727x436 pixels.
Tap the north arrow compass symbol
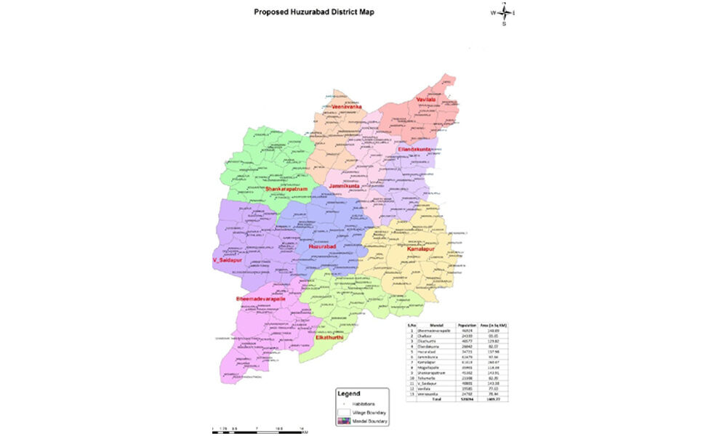coord(503,12)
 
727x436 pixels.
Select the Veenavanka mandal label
coord(346,106)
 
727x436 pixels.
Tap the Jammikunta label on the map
coord(345,187)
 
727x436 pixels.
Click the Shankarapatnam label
coord(289,189)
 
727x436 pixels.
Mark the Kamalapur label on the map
coord(422,249)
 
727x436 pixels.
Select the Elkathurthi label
coord(329,337)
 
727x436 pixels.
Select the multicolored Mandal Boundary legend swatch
coord(345,421)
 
